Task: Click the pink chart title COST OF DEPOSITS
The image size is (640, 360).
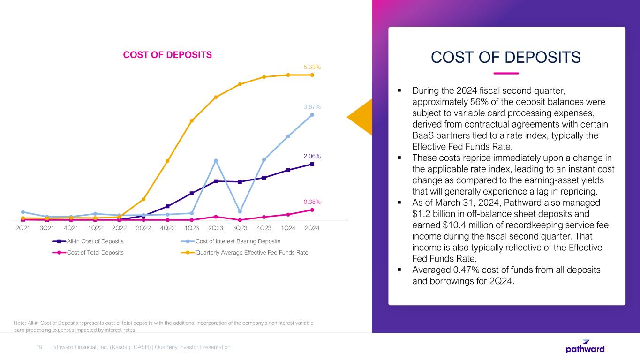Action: click(x=167, y=55)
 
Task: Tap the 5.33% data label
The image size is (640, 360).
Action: click(x=312, y=67)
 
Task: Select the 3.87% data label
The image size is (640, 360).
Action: click(x=312, y=107)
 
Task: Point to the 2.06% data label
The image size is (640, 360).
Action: click(x=312, y=156)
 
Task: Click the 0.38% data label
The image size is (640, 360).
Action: click(x=312, y=202)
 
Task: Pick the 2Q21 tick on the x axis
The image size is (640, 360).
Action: click(x=23, y=228)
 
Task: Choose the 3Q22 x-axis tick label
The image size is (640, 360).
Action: click(x=143, y=228)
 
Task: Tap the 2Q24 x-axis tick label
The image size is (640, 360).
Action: click(x=312, y=228)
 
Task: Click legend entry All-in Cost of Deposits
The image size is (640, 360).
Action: click(x=95, y=241)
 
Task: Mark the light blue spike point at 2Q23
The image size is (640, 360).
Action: click(x=216, y=161)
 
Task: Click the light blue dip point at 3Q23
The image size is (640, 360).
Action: click(x=240, y=211)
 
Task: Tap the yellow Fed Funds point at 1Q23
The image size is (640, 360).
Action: click(x=192, y=121)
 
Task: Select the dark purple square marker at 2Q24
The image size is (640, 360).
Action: click(x=312, y=164)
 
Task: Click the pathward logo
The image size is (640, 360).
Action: click(x=585, y=347)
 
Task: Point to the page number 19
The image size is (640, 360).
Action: click(x=39, y=347)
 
